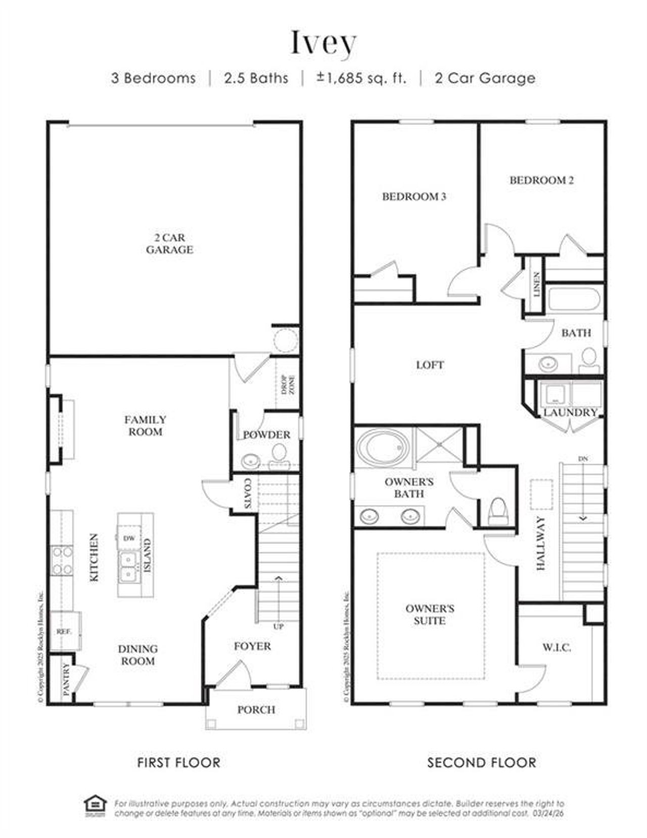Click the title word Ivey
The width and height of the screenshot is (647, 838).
pyautogui.click(x=323, y=43)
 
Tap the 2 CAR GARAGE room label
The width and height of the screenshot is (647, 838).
pyautogui.click(x=169, y=244)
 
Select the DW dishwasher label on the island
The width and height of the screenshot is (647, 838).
pyautogui.click(x=129, y=538)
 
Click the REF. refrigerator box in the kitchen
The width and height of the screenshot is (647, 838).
pyautogui.click(x=64, y=631)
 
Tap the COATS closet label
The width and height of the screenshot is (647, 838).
pyautogui.click(x=248, y=493)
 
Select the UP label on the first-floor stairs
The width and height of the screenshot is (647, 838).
pyautogui.click(x=279, y=627)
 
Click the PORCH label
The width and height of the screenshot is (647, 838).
pyautogui.click(x=256, y=710)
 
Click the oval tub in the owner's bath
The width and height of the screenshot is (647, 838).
pyautogui.click(x=383, y=447)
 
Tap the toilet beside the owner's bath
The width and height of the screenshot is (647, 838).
pyautogui.click(x=497, y=510)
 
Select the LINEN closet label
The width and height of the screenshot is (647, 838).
pyautogui.click(x=536, y=285)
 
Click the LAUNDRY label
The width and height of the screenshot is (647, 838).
pyautogui.click(x=570, y=412)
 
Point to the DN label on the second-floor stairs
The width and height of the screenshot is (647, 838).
pyautogui.click(x=583, y=458)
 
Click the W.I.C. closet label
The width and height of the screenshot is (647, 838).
pyautogui.click(x=557, y=647)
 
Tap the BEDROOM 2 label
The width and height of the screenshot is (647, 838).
pyautogui.click(x=541, y=180)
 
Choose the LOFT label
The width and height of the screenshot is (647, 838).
pyautogui.click(x=430, y=365)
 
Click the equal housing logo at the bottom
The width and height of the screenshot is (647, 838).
pyautogui.click(x=95, y=807)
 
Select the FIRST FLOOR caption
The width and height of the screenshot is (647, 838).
pyautogui.click(x=179, y=762)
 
